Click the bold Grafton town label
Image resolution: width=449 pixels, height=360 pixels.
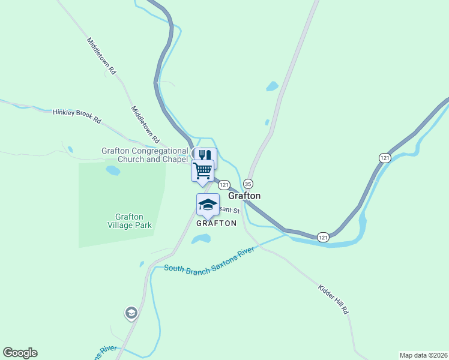point(244,196)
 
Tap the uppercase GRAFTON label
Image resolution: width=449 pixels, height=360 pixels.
point(216,223)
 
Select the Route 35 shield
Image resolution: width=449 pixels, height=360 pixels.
point(249,184)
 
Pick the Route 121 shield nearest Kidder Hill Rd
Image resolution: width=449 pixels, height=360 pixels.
point(323,237)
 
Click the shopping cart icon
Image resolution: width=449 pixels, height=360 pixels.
point(202,170)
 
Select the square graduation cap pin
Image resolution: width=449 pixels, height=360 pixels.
point(208,205)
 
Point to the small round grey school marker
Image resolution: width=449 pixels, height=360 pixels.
point(131,313)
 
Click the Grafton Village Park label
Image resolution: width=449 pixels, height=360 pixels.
point(129,221)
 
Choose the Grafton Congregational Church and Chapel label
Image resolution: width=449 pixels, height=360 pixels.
point(145,155)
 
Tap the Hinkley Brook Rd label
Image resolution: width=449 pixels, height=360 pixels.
point(77,116)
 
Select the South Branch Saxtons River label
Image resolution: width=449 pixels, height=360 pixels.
point(209,261)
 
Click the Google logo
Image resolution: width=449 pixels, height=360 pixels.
point(20,353)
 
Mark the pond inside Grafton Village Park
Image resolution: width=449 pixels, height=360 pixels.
point(113,170)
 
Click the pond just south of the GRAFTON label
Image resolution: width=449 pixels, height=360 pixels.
point(200,239)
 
